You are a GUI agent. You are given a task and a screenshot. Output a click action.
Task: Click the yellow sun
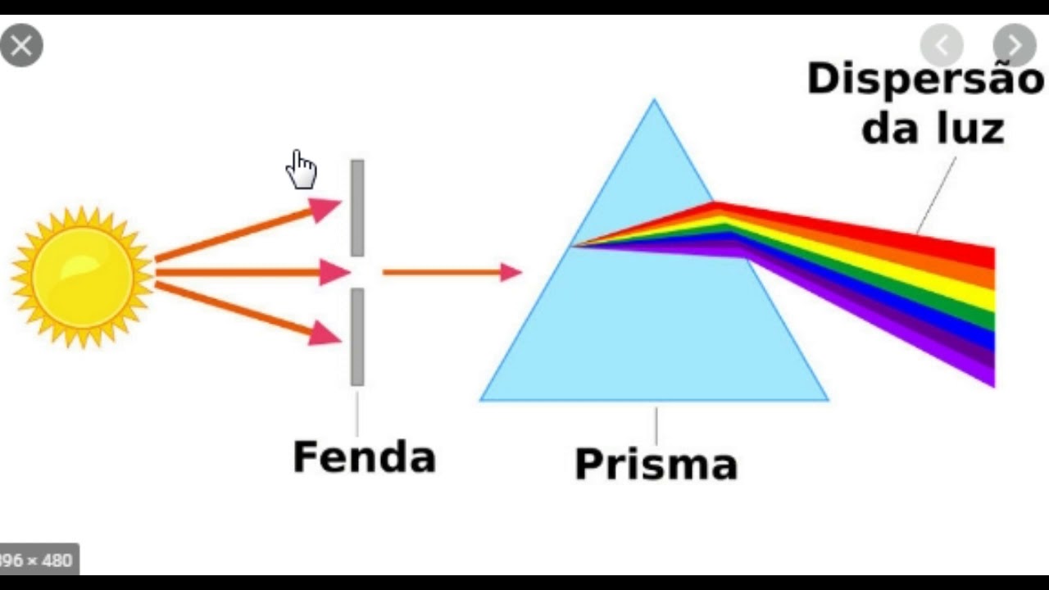coord(82,276)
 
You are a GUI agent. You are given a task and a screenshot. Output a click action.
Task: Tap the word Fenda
coord(364,457)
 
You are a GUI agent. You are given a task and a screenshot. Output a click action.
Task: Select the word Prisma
coord(656,464)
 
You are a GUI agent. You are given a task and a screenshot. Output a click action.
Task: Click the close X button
coord(21,45)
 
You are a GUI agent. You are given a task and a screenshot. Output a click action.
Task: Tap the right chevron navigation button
coord(1015,45)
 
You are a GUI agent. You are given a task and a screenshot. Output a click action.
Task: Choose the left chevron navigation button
coord(942,45)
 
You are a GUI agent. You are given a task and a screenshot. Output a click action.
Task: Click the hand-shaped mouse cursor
coord(302,170)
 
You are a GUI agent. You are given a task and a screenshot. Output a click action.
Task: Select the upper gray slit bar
coord(357,208)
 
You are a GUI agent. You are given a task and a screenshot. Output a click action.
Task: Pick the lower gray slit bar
coord(357,336)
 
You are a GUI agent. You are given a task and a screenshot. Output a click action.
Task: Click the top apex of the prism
coord(654,102)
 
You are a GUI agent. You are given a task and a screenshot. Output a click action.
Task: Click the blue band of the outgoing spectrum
coord(942,320)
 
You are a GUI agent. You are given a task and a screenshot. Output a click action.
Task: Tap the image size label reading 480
coord(57,560)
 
